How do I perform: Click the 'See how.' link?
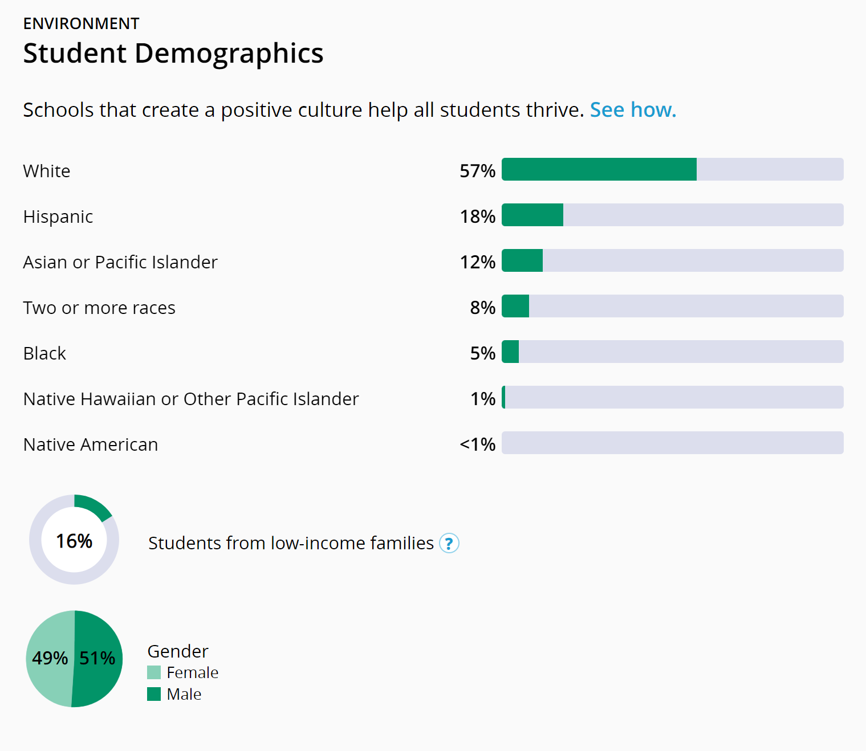coord(633,110)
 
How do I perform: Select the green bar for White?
coord(599,169)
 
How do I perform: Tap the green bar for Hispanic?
coord(532,215)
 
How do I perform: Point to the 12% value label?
coord(478,262)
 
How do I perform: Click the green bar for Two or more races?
coord(515,306)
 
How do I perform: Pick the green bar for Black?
coord(511,352)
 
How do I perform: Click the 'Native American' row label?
coord(91,444)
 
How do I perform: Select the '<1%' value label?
coord(478,444)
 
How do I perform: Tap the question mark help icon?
coord(449,543)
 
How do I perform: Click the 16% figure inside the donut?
coord(74,541)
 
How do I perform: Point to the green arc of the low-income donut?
coord(93,507)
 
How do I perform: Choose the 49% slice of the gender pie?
coord(49,659)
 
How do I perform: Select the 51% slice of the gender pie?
coord(98,659)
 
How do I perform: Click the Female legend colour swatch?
coord(154,672)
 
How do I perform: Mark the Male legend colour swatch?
coord(154,694)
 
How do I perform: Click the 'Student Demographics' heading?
coord(173,54)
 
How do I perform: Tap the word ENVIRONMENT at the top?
coord(81,23)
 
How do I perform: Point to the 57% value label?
coord(478,171)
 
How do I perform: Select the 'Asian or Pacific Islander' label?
coord(120,262)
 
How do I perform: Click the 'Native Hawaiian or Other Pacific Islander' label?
coord(191,399)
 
